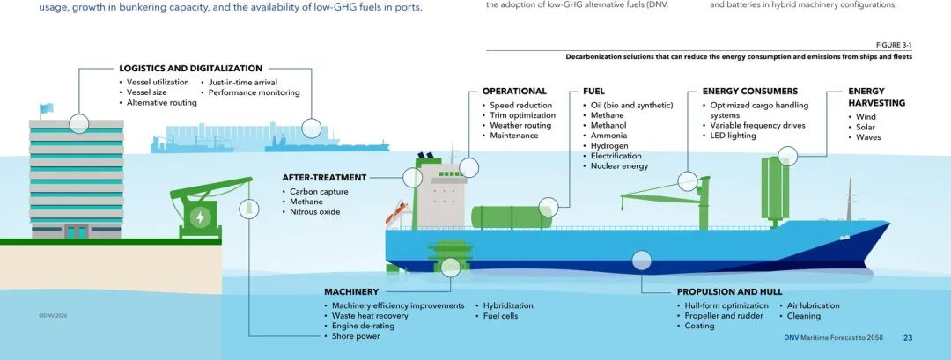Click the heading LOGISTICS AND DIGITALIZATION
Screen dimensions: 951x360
[190, 69]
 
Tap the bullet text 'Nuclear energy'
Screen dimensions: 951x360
[619, 166]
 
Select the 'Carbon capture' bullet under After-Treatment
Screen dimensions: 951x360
[319, 192]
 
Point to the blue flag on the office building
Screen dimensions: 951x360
[47, 108]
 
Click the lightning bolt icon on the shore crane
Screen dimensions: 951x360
[200, 217]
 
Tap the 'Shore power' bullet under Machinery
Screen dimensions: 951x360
[356, 336]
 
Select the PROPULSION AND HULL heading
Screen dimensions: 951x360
[730, 291]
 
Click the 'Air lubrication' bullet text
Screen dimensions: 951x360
[814, 306]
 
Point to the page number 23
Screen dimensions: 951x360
[908, 338]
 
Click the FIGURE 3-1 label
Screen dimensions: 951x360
[894, 46]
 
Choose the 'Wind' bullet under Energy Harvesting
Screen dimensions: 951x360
[866, 117]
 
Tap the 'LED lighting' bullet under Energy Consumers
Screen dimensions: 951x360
[734, 136]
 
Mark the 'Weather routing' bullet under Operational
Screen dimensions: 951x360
[520, 126]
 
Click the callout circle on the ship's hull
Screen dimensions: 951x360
[642, 261]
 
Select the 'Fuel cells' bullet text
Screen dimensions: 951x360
[500, 316]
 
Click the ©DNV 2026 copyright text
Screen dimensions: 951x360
[53, 316]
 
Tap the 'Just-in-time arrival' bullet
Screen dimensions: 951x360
[243, 83]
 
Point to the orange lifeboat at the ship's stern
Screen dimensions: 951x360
[397, 213]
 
